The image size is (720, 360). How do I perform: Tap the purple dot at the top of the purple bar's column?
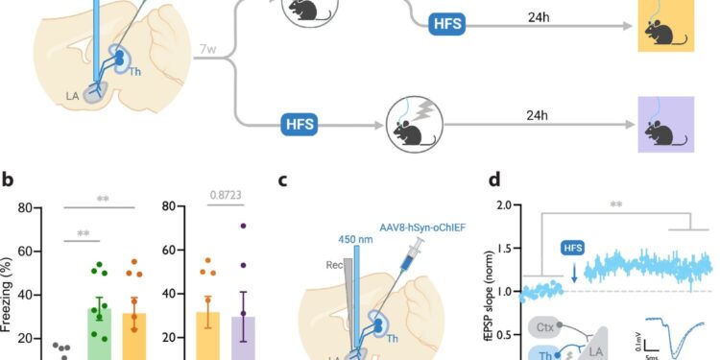click(x=244, y=227)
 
